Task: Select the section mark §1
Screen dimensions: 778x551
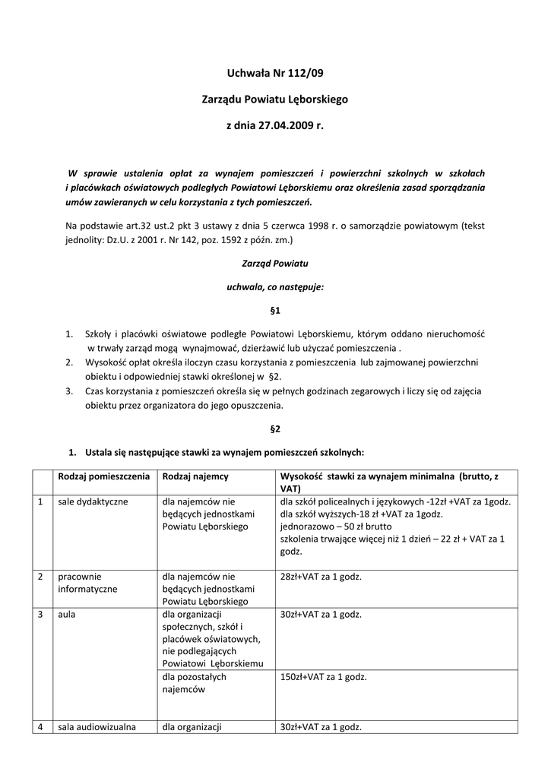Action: (x=275, y=311)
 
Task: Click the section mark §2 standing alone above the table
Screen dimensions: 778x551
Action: (x=275, y=429)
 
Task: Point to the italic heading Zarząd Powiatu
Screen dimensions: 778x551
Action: (x=275, y=263)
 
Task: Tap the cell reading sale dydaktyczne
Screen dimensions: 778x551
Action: (x=93, y=501)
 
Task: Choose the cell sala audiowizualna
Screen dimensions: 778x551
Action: (x=97, y=726)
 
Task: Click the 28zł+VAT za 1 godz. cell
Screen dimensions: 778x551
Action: (x=321, y=577)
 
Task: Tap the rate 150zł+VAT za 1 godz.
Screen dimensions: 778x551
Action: (x=323, y=677)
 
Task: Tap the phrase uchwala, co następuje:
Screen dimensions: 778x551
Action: (x=275, y=287)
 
